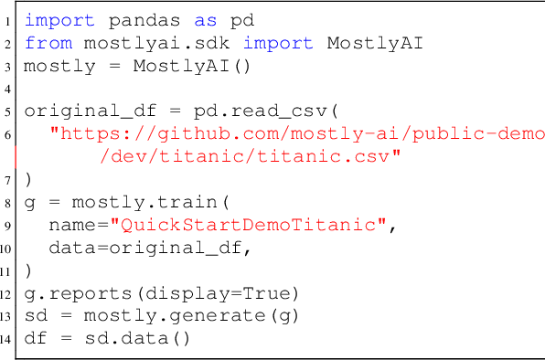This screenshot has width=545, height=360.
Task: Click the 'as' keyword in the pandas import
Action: tap(172, 19)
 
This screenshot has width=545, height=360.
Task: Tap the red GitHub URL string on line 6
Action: tap(297, 134)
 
